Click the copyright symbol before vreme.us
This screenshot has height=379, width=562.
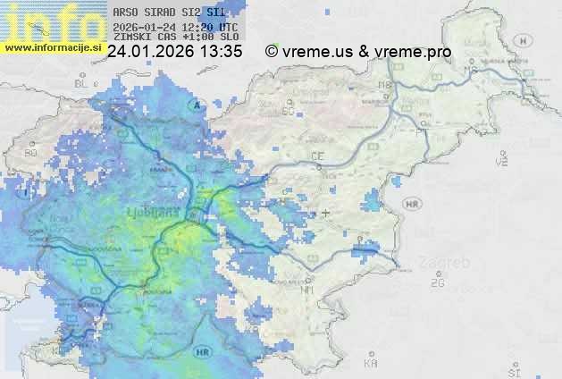pos(272,52)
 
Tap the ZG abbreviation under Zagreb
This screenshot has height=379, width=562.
pos(437,283)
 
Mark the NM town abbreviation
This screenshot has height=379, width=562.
pos(308,291)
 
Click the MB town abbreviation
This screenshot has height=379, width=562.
pos(386,85)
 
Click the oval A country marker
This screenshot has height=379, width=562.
pos(194,105)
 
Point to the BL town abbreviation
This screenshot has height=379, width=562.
pos(82,83)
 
